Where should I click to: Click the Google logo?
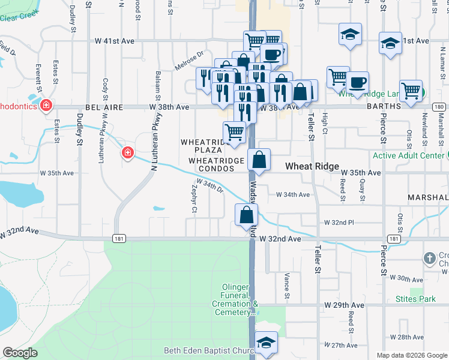click(20, 353)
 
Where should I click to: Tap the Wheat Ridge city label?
click(312, 166)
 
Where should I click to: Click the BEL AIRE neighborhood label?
click(104, 107)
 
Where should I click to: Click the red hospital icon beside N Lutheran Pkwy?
click(127, 154)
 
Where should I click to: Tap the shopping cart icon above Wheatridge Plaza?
click(234, 132)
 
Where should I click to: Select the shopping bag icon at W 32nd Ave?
click(246, 215)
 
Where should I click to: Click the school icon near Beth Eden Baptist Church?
click(267, 343)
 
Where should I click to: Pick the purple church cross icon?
click(429, 259)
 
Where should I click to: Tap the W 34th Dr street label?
click(209, 187)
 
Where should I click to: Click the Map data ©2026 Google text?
click(412, 355)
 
